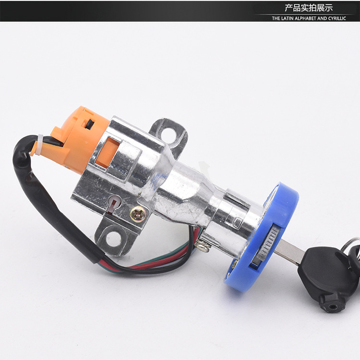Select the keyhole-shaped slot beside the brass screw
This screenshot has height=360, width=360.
(x=112, y=205)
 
